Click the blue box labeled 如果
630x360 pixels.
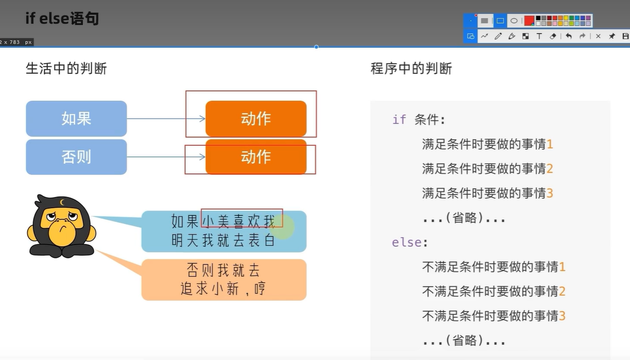tap(76, 119)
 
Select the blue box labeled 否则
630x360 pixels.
tap(76, 157)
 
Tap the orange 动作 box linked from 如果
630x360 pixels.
tap(256, 119)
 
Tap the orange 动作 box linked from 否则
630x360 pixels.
tap(256, 157)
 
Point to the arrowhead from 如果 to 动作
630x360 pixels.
tap(202, 119)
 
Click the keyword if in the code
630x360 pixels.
tap(399, 120)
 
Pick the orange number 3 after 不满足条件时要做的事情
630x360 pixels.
tap(562, 315)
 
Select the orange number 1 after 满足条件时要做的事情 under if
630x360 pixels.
tap(550, 144)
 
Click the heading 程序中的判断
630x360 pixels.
tap(411, 69)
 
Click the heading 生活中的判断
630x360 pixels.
tap(66, 69)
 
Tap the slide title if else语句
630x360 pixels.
tap(62, 18)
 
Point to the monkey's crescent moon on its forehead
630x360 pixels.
tap(62, 203)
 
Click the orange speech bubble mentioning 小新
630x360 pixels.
tap(223, 280)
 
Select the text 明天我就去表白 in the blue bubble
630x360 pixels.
tap(223, 240)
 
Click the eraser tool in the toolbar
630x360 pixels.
tap(553, 36)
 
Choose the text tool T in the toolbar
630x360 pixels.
tap(539, 36)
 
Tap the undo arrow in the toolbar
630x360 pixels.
tap(569, 36)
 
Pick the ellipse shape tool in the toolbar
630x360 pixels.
tap(514, 21)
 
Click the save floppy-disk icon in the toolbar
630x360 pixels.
tap(626, 36)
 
